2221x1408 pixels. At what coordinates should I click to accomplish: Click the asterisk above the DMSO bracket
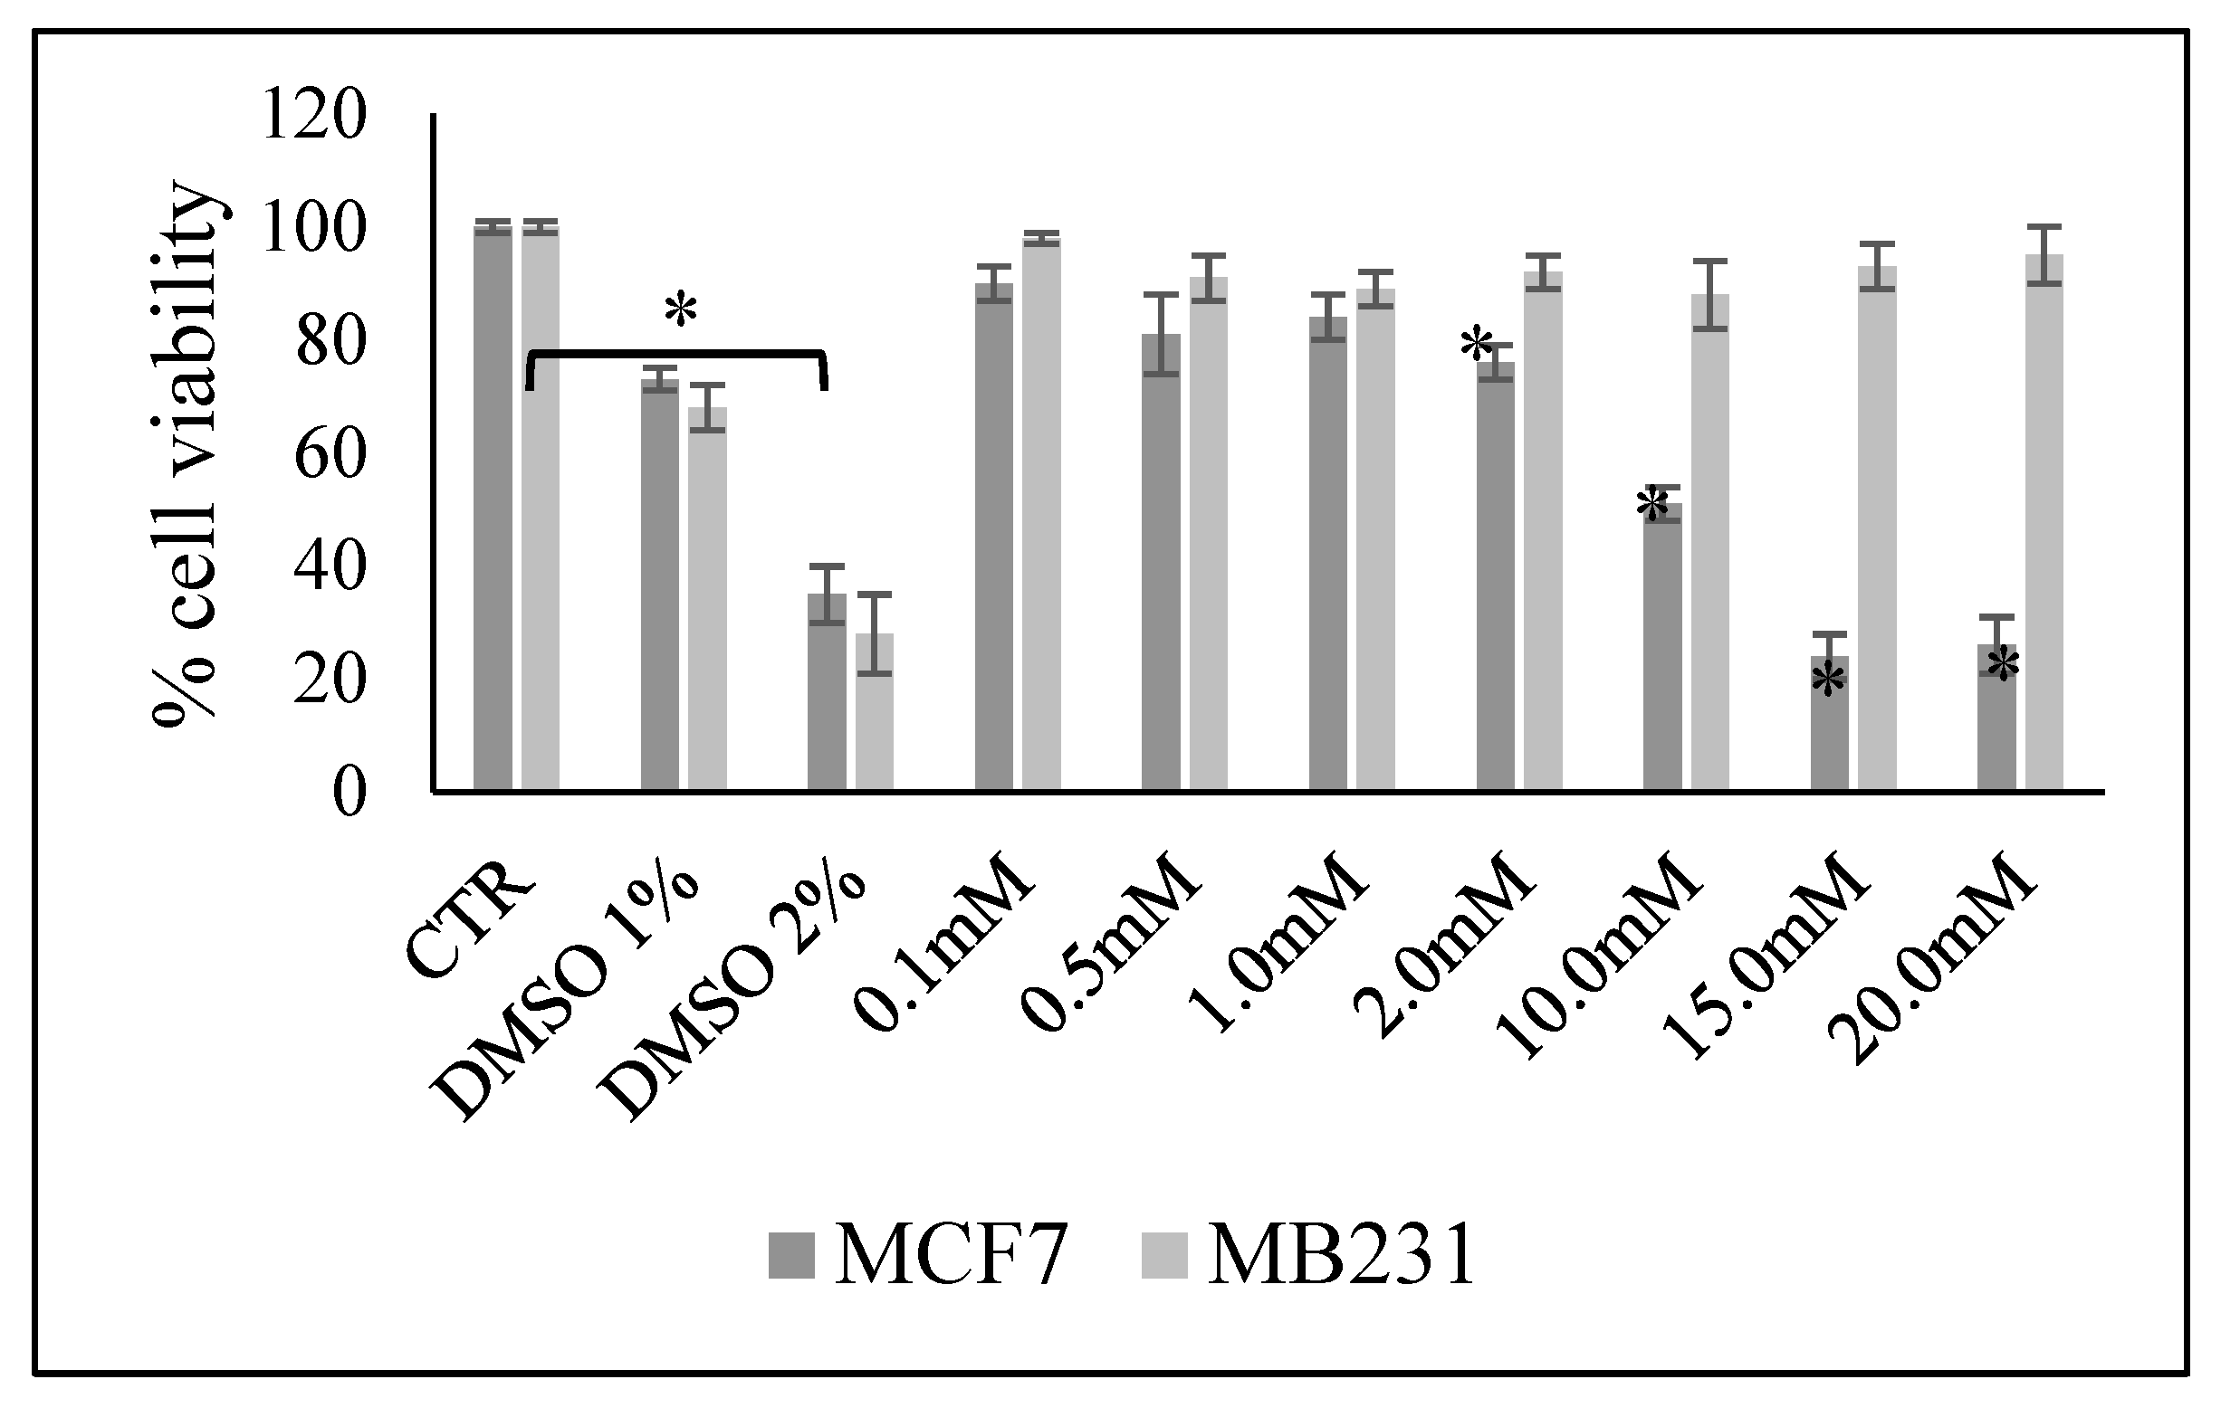pos(681,310)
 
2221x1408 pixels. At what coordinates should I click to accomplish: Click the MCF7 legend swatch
pos(791,1256)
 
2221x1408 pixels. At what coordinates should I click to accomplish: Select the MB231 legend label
pos(1341,1257)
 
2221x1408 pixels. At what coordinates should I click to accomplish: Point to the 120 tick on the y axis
pos(314,116)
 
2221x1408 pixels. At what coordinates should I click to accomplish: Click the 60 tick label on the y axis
pos(328,454)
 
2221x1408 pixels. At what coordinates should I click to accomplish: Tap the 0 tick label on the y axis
pos(349,793)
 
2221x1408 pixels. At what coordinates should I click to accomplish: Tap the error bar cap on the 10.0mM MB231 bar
pos(1710,262)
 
